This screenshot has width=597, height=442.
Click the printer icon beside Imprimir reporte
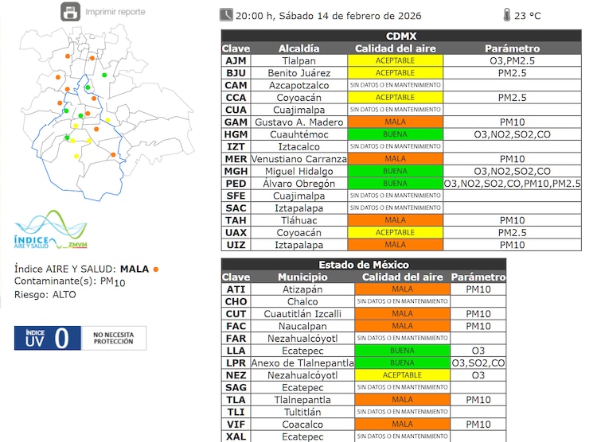pyautogui.click(x=71, y=12)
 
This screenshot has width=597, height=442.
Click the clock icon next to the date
pyautogui.click(x=227, y=14)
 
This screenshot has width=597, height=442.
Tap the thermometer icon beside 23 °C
pyautogui.click(x=507, y=14)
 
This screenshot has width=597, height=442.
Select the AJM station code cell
pyautogui.click(x=236, y=60)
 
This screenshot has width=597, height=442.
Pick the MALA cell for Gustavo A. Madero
pyautogui.click(x=395, y=122)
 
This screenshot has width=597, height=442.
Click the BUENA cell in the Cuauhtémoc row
pyautogui.click(x=395, y=134)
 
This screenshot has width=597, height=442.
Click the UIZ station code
pyautogui.click(x=236, y=245)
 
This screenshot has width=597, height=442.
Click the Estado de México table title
pyautogui.click(x=363, y=264)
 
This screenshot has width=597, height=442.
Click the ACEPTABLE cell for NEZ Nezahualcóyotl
pyautogui.click(x=402, y=375)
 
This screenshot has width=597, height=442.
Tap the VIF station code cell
pyautogui.click(x=236, y=425)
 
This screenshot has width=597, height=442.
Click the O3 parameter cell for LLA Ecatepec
pyautogui.click(x=478, y=351)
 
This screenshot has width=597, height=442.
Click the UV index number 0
pyautogui.click(x=61, y=339)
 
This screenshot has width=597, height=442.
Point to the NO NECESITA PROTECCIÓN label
pyautogui.click(x=115, y=338)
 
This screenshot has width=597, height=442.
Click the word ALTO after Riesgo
pyautogui.click(x=64, y=294)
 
